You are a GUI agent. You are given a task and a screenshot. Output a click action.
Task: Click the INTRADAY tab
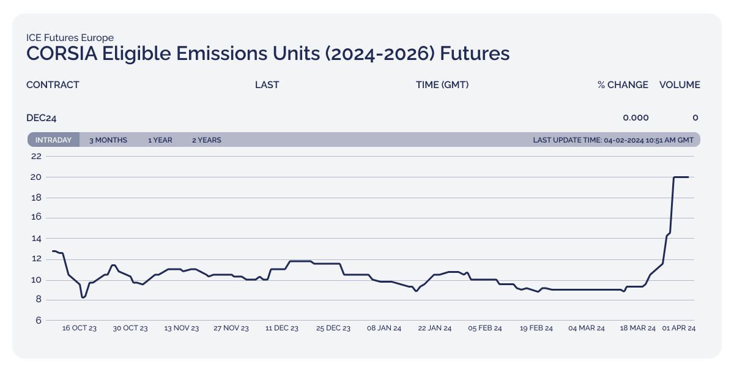(x=53, y=140)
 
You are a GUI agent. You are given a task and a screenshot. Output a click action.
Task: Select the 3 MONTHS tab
(x=108, y=140)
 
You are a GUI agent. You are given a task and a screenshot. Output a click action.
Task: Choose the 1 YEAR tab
(x=160, y=140)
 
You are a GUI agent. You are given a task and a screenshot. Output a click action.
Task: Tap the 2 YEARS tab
(x=207, y=140)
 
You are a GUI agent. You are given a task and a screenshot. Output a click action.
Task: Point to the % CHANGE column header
(x=623, y=85)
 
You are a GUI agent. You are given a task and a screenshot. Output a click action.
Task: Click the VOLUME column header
(x=680, y=85)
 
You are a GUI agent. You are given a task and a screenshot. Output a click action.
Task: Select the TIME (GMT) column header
(x=442, y=85)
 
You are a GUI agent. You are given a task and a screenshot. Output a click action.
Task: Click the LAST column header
(x=267, y=85)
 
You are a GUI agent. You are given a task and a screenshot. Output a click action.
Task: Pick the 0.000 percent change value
(x=636, y=117)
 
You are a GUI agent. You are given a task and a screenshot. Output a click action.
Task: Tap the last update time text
(x=614, y=140)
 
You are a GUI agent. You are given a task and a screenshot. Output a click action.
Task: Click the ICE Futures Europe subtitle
(x=70, y=38)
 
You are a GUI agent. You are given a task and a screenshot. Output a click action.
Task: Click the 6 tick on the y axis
(x=38, y=321)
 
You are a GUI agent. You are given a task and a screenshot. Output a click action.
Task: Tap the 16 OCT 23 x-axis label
(x=80, y=329)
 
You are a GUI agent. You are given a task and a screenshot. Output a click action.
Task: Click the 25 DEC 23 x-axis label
(x=333, y=329)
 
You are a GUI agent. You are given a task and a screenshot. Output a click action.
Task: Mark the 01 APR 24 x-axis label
(x=679, y=329)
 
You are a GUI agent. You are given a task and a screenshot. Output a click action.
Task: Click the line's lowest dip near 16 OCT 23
(x=83, y=297)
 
